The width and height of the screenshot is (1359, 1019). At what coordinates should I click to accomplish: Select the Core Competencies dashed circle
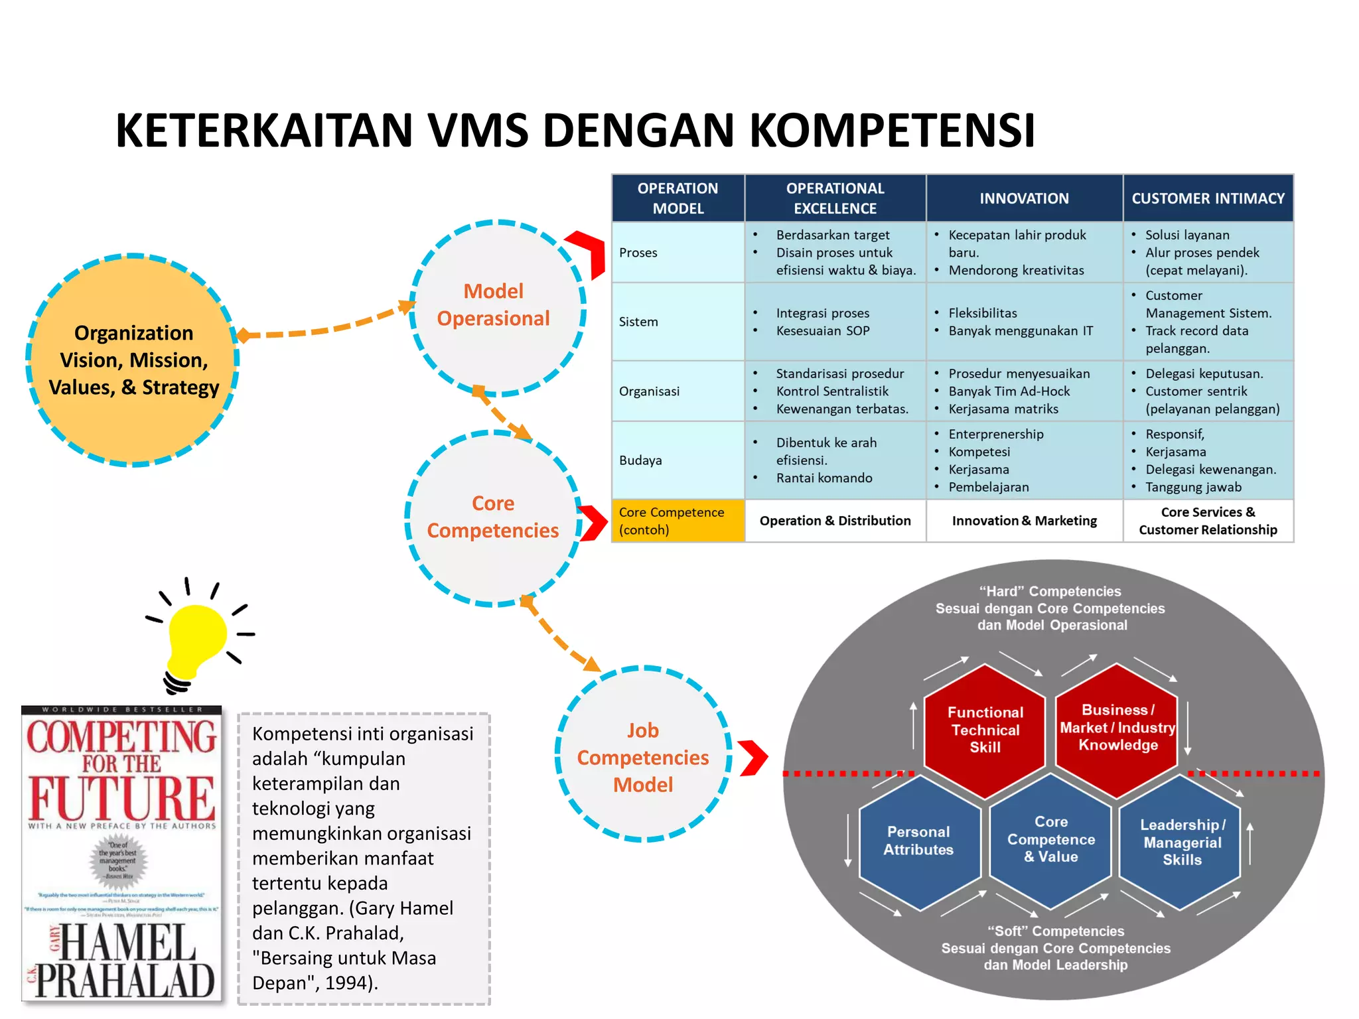click(493, 517)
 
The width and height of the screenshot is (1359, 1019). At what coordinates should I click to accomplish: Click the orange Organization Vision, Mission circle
click(133, 360)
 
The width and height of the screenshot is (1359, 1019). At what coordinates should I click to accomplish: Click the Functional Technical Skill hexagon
click(985, 730)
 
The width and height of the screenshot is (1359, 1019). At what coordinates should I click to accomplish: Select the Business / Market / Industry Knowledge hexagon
click(1117, 728)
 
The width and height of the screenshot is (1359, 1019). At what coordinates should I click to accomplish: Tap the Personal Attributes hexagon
click(918, 841)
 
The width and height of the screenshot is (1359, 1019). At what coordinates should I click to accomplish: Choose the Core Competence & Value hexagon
click(1051, 840)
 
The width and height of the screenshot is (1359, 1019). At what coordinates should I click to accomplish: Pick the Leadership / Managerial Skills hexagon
click(1182, 842)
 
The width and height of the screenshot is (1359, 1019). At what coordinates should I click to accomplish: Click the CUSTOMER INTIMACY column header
click(1208, 198)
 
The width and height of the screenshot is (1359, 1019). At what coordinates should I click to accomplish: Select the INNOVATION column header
click(1024, 198)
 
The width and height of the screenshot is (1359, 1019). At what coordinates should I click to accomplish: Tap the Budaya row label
click(640, 460)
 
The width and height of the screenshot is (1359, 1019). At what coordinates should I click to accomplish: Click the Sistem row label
click(638, 322)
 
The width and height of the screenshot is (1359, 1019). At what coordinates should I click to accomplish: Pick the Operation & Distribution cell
click(835, 521)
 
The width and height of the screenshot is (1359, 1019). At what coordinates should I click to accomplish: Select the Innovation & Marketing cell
click(1024, 521)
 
